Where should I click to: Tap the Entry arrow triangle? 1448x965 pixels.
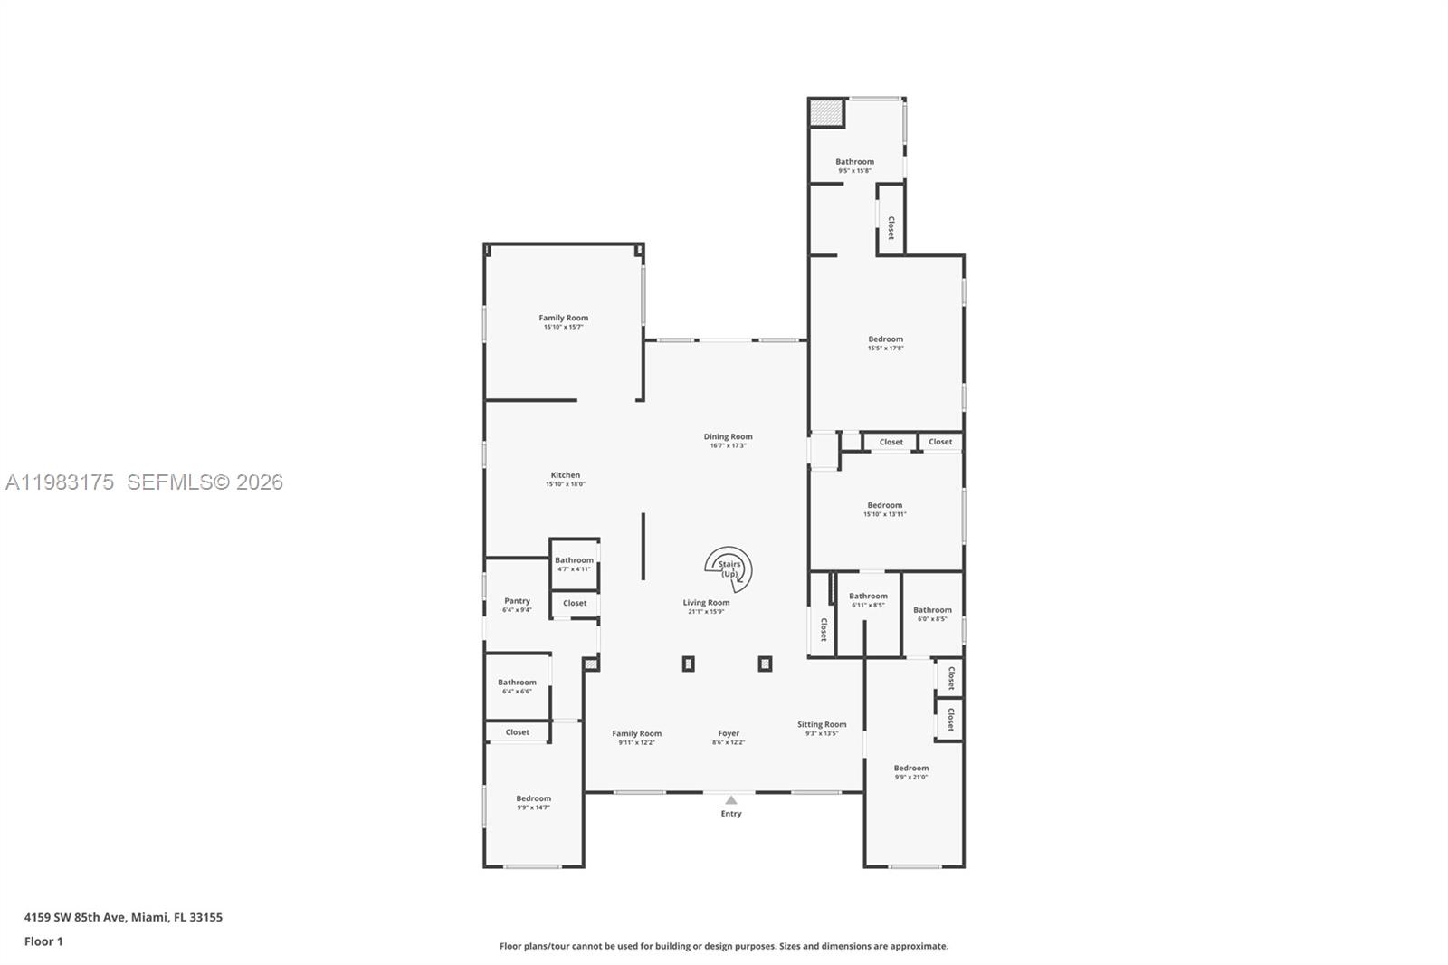(x=730, y=800)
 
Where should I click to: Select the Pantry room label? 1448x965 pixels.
(x=517, y=601)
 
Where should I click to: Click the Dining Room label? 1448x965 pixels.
(x=728, y=437)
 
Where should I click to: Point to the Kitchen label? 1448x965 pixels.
(x=565, y=475)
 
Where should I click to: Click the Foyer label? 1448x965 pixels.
(x=729, y=734)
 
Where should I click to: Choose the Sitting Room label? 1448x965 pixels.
(x=822, y=724)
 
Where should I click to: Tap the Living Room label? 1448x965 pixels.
(x=706, y=603)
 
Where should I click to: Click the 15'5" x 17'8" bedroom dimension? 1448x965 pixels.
(x=885, y=348)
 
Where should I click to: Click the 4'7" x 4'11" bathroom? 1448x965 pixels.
(x=574, y=564)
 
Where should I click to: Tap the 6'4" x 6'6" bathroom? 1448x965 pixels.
(x=517, y=686)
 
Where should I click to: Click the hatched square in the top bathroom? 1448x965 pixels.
(x=825, y=114)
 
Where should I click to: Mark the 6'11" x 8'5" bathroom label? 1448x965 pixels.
(x=868, y=600)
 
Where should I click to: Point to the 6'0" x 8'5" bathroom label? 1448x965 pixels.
(x=932, y=614)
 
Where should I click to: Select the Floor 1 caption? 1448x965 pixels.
(x=43, y=941)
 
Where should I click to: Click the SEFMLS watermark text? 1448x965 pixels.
(x=205, y=482)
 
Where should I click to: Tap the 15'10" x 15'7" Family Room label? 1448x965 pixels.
(x=563, y=322)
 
